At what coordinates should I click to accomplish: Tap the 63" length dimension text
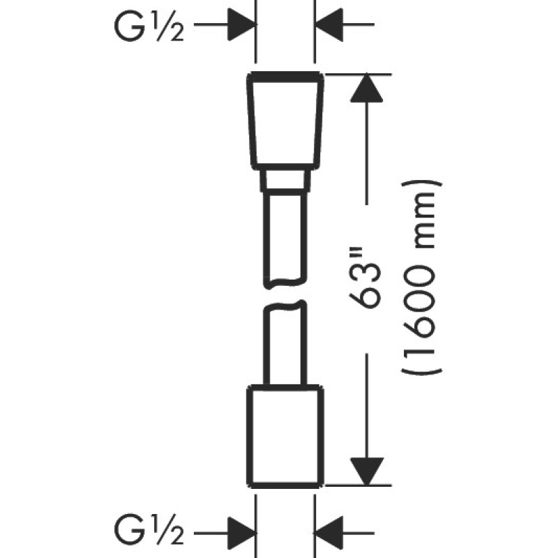(369, 281)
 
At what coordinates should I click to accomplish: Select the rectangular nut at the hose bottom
(285, 434)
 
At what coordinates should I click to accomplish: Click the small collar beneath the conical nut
(284, 182)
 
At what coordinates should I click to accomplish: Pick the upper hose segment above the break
(284, 237)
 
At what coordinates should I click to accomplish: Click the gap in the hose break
(284, 294)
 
